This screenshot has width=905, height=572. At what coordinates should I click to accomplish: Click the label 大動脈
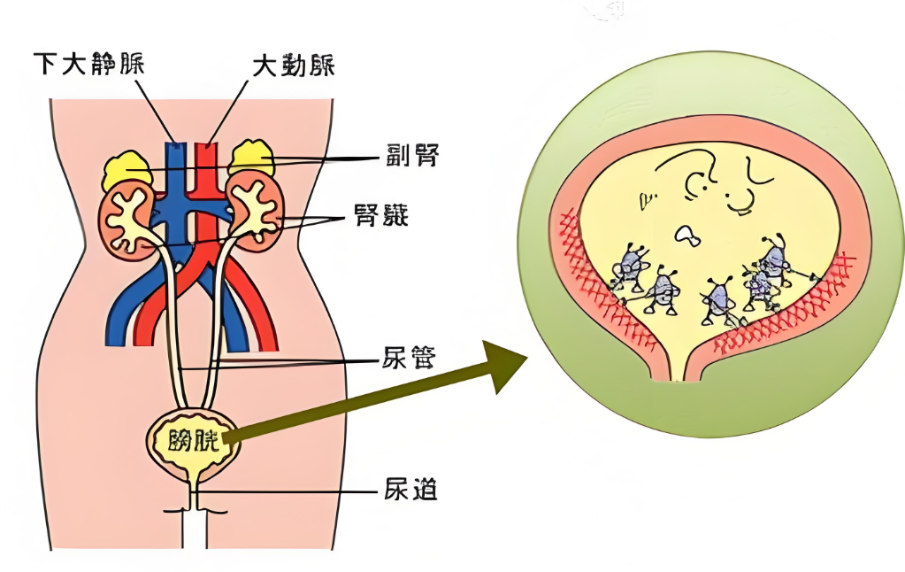point(293,66)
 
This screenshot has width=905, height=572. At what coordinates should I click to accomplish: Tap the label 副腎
point(412,157)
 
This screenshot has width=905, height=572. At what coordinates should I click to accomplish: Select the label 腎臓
point(412,215)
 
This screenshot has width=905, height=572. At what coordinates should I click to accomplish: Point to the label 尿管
point(410,360)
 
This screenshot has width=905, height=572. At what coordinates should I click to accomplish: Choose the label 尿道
point(410,489)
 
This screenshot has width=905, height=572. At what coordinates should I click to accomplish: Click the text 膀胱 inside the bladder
point(193,437)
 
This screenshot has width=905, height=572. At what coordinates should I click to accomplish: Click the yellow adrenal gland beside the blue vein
point(126,169)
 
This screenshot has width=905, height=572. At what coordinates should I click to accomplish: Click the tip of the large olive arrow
point(525,359)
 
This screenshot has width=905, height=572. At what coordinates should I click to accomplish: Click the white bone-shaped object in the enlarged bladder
point(686,235)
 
